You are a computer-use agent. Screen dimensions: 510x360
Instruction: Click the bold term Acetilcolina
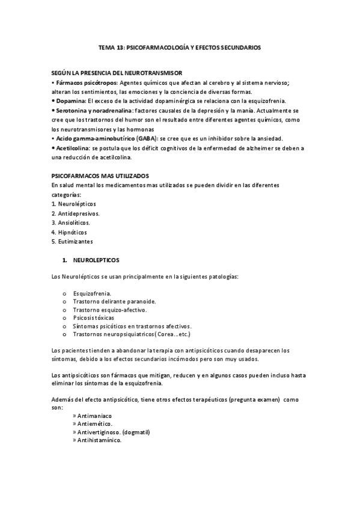tap(73, 148)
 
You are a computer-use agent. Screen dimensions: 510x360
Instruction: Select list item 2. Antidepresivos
tap(76, 214)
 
